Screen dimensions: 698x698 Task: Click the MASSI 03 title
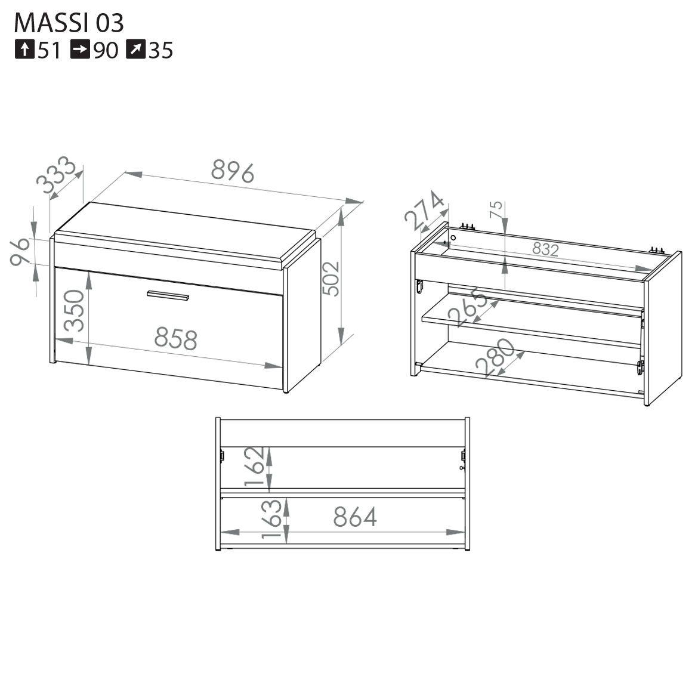coord(69,23)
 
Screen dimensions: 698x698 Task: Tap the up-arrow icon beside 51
coord(24,50)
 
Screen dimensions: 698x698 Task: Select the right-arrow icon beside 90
coord(80,50)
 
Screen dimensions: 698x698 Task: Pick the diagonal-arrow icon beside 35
coord(135,50)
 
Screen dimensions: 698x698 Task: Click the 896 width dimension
coord(233,171)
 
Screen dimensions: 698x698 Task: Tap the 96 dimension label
coord(20,252)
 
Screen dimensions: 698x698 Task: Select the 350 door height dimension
coord(74,311)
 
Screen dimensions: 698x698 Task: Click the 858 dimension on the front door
coord(176,339)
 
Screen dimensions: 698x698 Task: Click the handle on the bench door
coord(168,295)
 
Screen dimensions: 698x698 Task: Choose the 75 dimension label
coord(496,209)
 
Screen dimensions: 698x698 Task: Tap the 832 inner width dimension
coord(545,249)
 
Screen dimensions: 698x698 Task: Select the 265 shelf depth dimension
coord(468,307)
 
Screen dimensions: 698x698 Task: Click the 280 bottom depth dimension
coord(495,357)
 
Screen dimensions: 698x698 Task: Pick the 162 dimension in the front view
coord(255,466)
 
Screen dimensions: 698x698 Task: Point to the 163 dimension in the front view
coord(272,518)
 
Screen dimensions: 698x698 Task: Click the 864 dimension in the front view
coord(355,517)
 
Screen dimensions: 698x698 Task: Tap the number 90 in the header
coord(106,50)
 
